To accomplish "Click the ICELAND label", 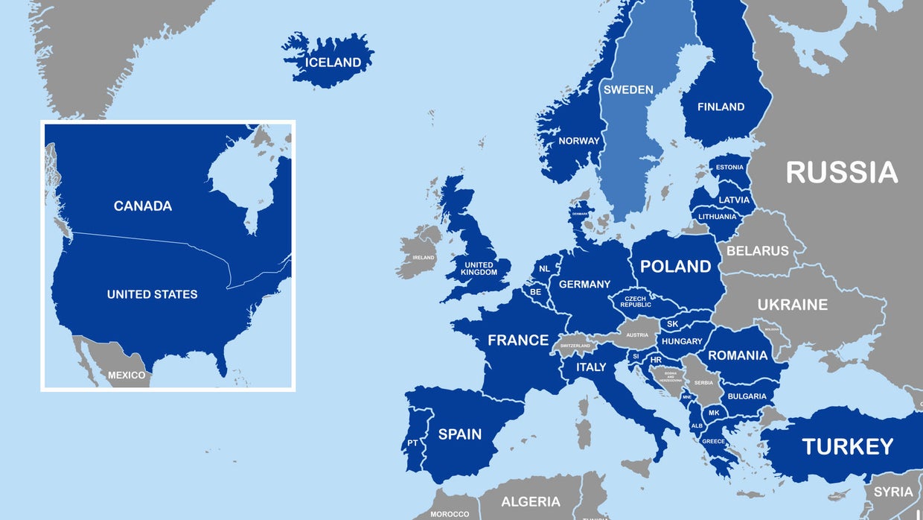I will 333,63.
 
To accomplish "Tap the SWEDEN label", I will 628,89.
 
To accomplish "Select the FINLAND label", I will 721,107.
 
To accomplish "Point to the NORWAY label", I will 579,141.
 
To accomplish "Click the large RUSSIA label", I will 842,172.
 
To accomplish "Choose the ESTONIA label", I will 729,167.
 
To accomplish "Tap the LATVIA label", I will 734,200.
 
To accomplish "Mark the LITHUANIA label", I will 717,217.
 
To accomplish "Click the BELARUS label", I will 757,251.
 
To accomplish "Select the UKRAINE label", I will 792,305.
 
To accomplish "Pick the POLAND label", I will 676,266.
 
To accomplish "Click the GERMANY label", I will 584,284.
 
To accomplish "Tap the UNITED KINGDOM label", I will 479,269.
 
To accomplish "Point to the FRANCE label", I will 518,340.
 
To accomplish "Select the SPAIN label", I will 459,434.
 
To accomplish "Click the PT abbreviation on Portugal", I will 412,443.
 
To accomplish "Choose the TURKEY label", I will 847,446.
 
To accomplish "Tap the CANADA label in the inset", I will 143,206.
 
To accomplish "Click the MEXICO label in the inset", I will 127,375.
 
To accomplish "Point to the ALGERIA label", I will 531,501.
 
